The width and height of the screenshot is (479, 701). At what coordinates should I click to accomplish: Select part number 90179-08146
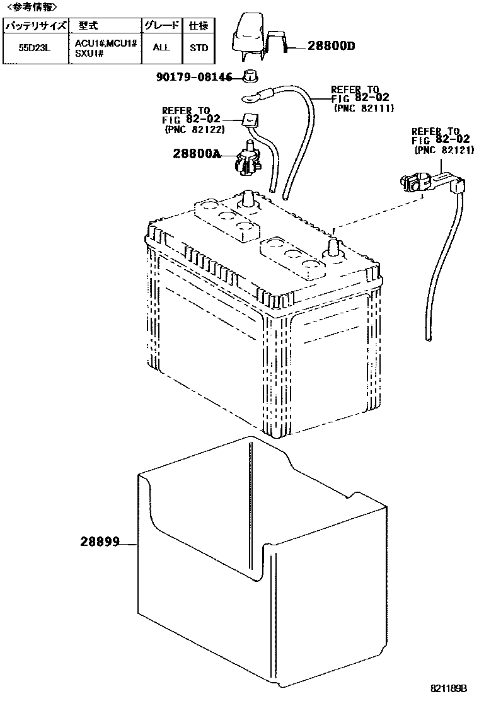click(194, 77)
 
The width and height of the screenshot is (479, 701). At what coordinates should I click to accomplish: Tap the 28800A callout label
click(197, 153)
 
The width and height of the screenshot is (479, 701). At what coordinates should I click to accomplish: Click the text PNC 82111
click(363, 108)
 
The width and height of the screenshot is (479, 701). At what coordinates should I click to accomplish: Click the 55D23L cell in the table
click(35, 47)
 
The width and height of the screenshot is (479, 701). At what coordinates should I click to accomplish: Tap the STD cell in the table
click(199, 47)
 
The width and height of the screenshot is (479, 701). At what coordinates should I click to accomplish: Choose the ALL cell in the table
click(161, 47)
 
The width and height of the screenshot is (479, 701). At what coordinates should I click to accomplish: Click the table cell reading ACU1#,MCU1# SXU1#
click(105, 47)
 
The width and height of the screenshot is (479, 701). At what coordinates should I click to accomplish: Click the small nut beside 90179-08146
click(251, 76)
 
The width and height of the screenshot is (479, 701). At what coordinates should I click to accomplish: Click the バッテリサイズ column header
click(36, 26)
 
